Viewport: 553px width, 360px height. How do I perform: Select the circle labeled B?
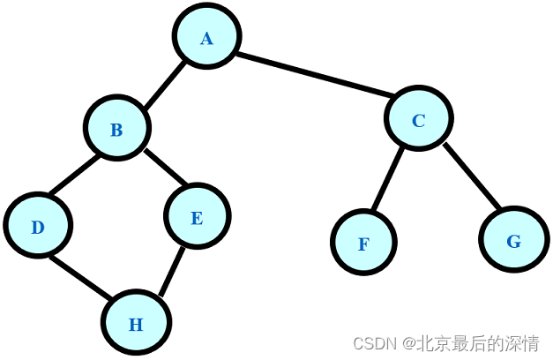tap(116, 129)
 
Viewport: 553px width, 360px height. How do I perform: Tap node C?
tap(419, 119)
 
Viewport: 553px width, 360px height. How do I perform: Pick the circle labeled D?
tap(37, 227)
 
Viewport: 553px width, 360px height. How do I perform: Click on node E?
tap(197, 217)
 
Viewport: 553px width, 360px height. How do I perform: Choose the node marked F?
tap(363, 243)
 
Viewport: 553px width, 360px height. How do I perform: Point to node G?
tap(514, 240)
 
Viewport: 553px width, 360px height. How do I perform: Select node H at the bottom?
tap(135, 324)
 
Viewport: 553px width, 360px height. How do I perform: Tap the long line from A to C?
tap(313, 79)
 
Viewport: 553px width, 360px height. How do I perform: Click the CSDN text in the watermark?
tap(371, 342)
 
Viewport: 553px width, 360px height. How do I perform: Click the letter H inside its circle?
tap(135, 325)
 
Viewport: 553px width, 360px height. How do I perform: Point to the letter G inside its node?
tap(514, 241)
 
